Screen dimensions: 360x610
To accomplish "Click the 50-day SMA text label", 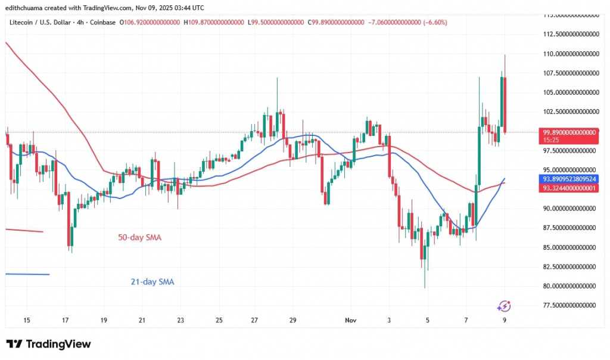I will pos(139,237).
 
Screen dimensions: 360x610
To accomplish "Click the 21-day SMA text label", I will pos(152,282).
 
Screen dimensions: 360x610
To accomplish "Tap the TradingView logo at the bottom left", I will pos(49,344).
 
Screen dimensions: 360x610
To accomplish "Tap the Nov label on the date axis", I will pos(351,320).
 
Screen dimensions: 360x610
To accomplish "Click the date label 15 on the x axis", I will pos(27,320).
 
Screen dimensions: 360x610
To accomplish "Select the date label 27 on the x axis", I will pos(254,320).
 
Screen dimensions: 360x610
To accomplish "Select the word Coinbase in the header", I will pos(104,22).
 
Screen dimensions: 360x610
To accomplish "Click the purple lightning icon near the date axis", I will pos(504,306).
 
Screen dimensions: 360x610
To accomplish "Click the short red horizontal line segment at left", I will pos(24,231).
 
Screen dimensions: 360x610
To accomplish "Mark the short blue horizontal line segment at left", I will pos(27,274).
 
